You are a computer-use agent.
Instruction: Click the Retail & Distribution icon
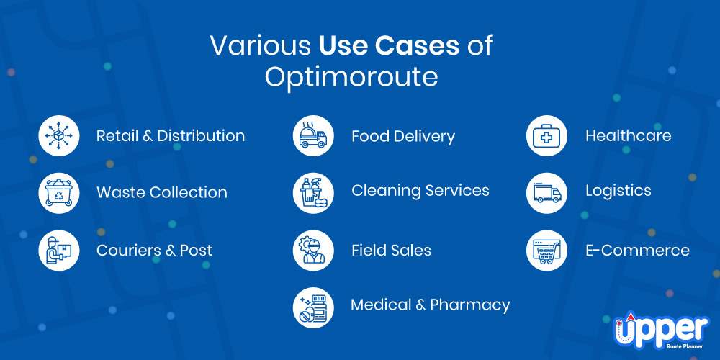(x=59, y=136)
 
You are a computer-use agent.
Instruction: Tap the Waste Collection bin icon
(x=59, y=193)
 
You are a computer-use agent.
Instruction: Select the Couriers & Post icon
(x=59, y=251)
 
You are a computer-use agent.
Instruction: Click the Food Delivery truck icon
(x=313, y=136)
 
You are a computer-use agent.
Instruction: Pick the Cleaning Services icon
(x=313, y=193)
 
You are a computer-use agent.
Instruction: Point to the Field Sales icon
(x=313, y=251)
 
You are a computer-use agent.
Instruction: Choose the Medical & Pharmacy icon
(x=313, y=307)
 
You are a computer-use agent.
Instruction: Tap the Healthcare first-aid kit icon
(x=546, y=136)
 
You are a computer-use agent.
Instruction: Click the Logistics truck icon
(x=546, y=193)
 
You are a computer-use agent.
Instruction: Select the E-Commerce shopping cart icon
(x=546, y=251)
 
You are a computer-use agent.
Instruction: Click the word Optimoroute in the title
(x=351, y=77)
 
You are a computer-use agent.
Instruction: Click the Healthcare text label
(x=628, y=136)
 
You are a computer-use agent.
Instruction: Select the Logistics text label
(x=618, y=191)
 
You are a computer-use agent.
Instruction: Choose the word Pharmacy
(x=469, y=305)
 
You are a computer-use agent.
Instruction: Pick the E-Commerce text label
(x=637, y=251)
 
